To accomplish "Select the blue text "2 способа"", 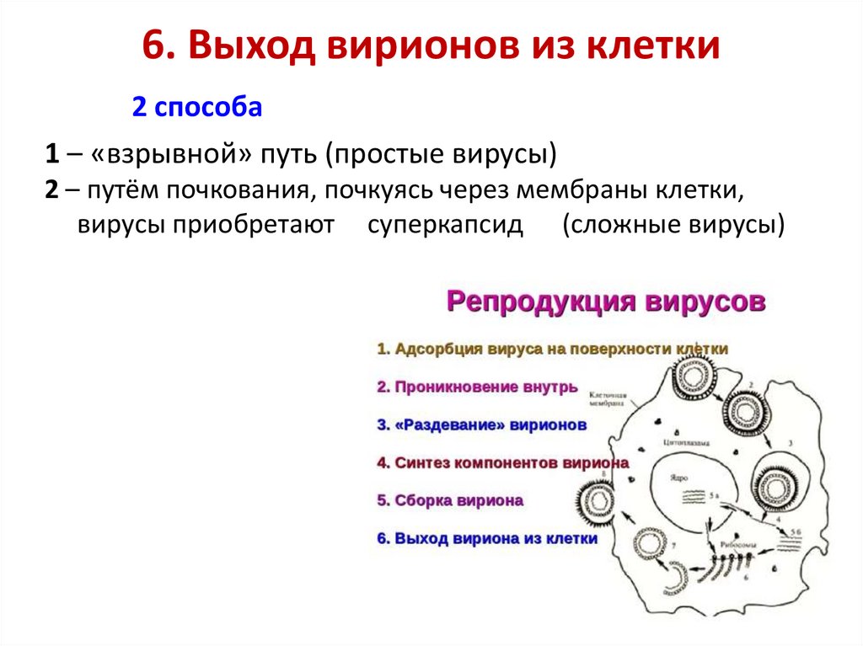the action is [196, 108].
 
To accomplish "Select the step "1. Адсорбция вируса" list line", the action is [551, 349].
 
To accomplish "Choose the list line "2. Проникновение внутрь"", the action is [476, 387].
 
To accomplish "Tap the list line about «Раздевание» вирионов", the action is [480, 425].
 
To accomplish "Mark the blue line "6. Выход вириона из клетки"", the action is [486, 538].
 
